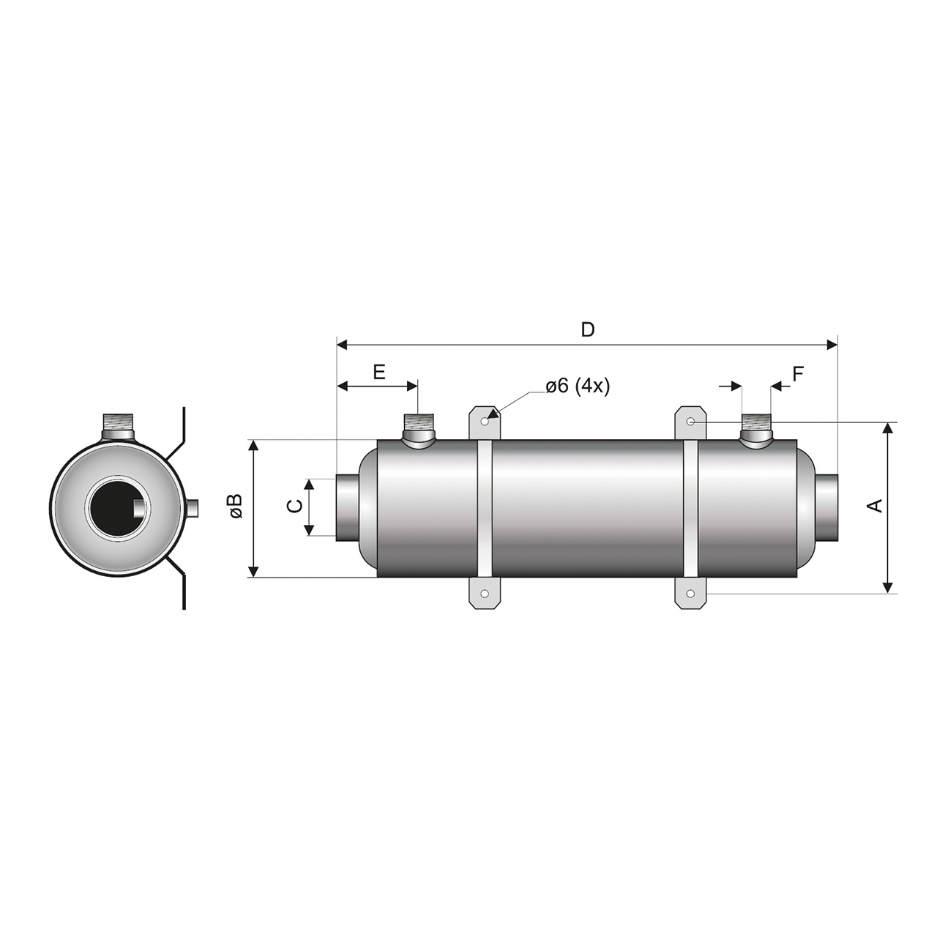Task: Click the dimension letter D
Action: [587, 329]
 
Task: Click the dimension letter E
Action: [378, 372]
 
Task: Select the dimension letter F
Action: [798, 374]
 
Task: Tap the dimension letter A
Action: [876, 505]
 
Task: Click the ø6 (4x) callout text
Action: [578, 386]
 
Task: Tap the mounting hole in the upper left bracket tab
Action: [485, 421]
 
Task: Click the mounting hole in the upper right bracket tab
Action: [690, 421]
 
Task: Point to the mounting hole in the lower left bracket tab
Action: [485, 594]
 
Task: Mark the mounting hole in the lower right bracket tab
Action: [690, 594]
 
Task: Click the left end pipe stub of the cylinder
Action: [348, 508]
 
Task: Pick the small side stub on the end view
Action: [193, 508]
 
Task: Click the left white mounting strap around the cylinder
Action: [485, 508]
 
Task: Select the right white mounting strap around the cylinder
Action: [690, 508]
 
